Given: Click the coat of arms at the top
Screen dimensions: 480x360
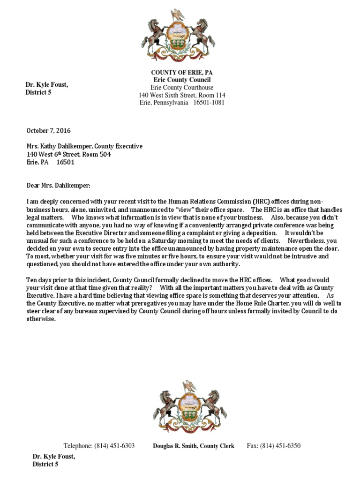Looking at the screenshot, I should pos(178,37).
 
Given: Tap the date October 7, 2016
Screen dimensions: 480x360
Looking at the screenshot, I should pos(48,131).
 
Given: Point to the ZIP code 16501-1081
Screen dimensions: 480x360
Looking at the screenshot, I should pos(209,103).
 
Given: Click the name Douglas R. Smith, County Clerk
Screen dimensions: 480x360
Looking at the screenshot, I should pos(193,446).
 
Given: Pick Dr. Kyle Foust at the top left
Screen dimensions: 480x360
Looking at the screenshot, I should pos(46,85).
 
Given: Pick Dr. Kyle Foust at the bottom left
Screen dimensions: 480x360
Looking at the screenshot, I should pos(53,457).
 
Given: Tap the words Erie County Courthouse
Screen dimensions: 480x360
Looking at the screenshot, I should pos(182,88).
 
